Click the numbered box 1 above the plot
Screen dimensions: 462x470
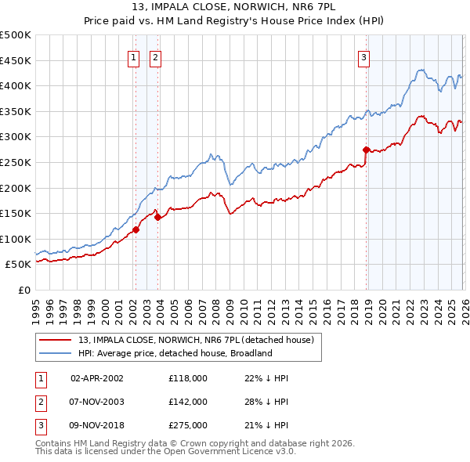point(134,56)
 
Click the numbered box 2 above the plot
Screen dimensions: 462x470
point(155,56)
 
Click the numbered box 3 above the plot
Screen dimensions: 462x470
point(364,56)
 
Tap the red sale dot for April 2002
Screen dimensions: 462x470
point(136,229)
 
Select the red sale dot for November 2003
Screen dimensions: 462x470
point(157,218)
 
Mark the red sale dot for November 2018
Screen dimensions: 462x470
point(366,149)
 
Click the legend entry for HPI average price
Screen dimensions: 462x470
point(174,353)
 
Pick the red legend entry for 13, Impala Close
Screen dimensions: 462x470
point(196,340)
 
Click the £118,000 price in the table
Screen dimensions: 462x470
point(188,378)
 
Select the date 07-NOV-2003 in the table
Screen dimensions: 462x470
point(97,402)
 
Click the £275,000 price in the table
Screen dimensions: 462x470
point(188,425)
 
